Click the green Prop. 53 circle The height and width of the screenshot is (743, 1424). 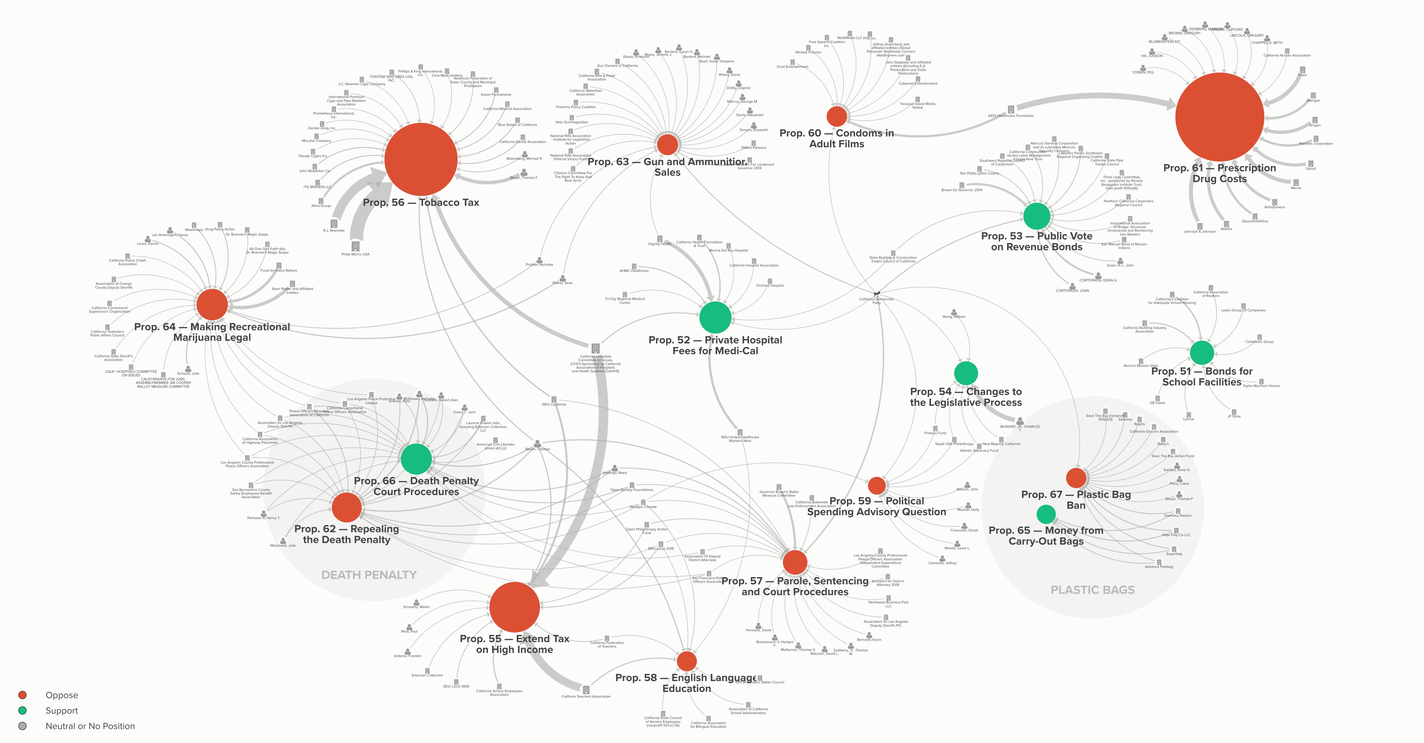[x=1037, y=216]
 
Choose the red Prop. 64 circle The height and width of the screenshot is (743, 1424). [x=212, y=304]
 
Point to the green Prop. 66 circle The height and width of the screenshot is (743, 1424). [x=416, y=458]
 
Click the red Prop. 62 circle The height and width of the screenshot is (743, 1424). [x=347, y=507]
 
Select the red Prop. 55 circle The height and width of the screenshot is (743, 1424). [x=514, y=607]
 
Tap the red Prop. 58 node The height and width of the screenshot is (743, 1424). [x=686, y=661]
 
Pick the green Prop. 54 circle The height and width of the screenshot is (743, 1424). [x=966, y=373]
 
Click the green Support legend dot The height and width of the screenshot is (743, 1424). [x=23, y=710]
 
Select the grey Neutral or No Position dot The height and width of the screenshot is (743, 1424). [x=23, y=726]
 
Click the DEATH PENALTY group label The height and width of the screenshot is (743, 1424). [x=369, y=575]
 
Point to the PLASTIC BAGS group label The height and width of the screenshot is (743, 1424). [x=1092, y=590]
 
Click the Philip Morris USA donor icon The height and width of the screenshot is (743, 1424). [x=355, y=245]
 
